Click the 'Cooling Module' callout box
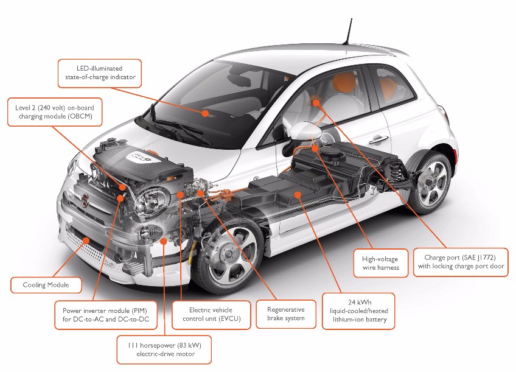pos(46,285)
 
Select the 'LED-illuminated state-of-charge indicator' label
pos(100,73)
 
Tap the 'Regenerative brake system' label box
pos(286,314)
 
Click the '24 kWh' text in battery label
pos(358,302)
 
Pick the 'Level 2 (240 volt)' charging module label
pos(54,112)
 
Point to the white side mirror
pos(304,129)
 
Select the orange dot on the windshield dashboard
pos(206,113)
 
